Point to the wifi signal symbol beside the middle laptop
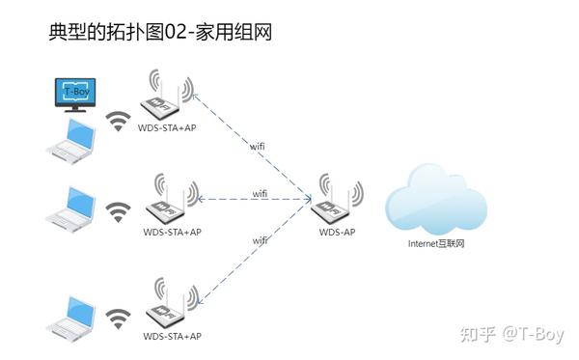tap(118, 210)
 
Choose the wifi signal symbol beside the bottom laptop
tap(118, 317)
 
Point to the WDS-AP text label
tap(338, 232)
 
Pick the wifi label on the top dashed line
tap(258, 146)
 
